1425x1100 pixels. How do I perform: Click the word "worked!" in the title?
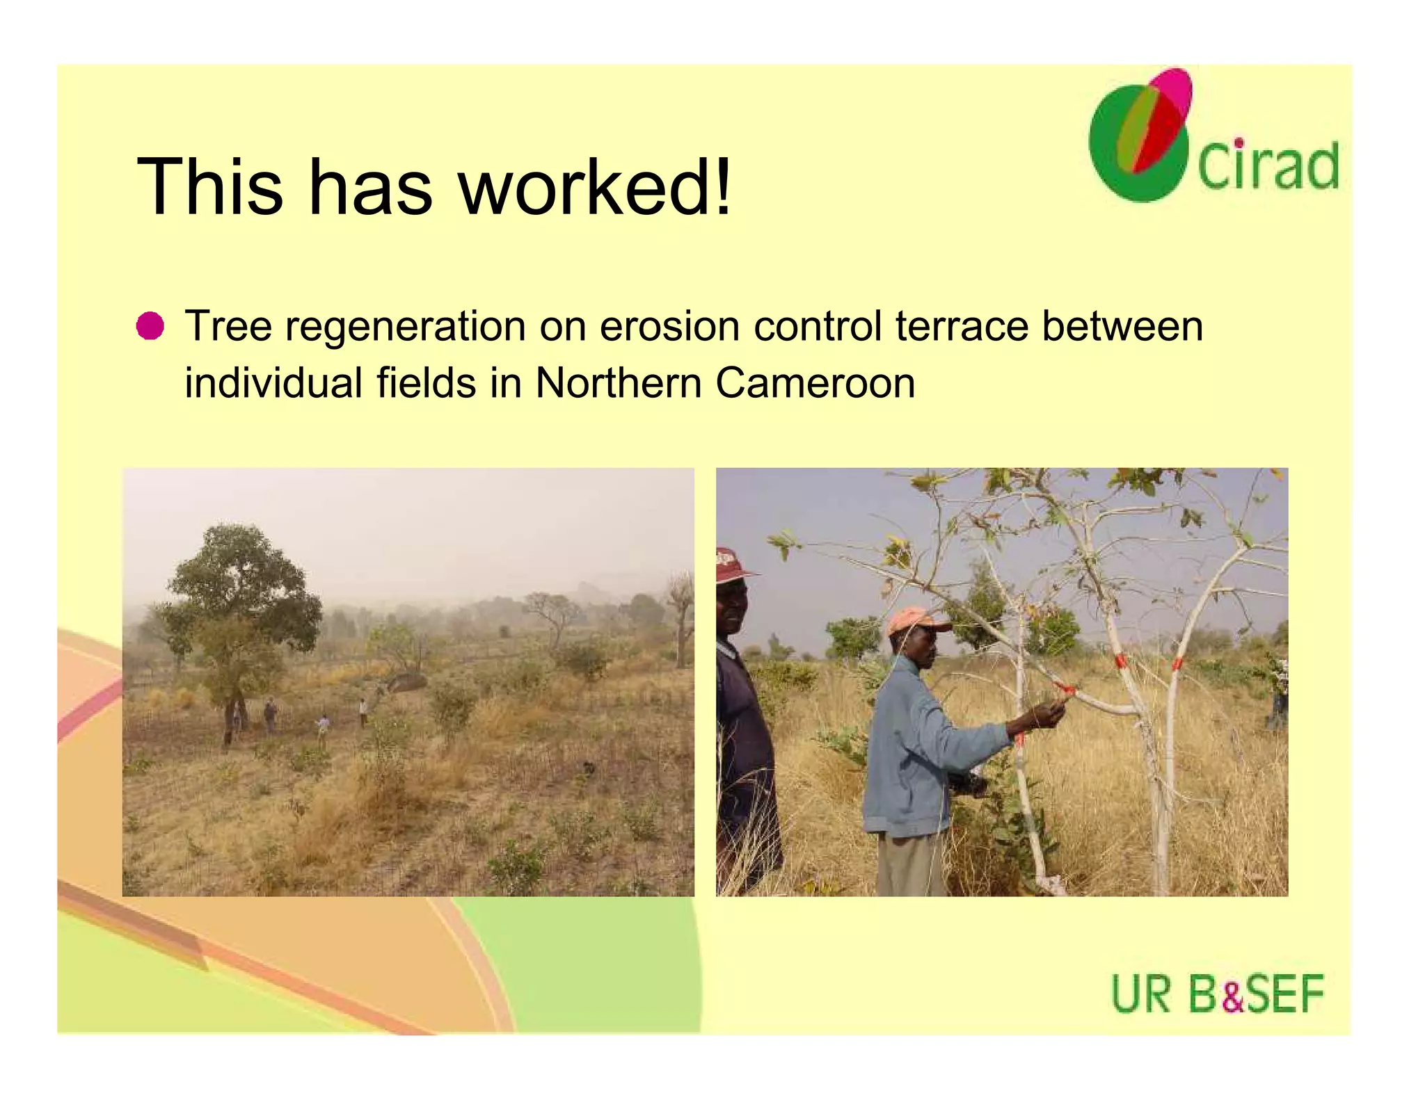(x=595, y=186)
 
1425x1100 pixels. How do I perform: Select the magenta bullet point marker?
(x=150, y=326)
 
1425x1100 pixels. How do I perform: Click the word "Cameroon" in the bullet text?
(x=815, y=383)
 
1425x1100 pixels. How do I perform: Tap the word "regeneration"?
(x=406, y=327)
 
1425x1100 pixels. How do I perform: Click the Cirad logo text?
(x=1268, y=167)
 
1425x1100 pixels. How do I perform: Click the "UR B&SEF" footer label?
(x=1218, y=994)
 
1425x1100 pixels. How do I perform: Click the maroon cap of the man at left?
(x=729, y=564)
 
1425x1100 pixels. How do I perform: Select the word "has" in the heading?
(x=370, y=186)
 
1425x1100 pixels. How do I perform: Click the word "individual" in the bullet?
(x=273, y=383)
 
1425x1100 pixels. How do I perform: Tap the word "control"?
(x=818, y=326)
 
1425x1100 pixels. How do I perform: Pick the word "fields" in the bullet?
(x=426, y=383)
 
